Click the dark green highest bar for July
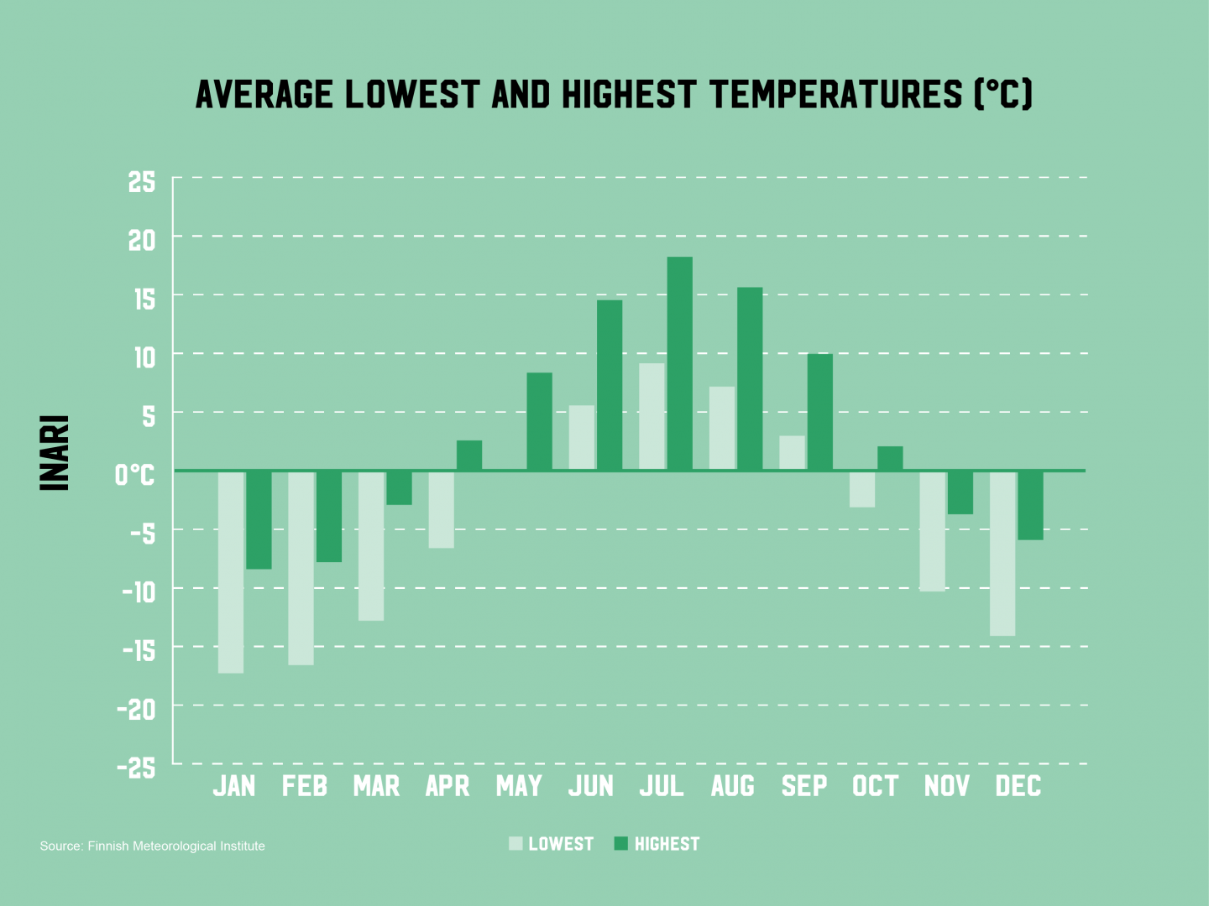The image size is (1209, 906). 680,363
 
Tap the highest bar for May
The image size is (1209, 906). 539,421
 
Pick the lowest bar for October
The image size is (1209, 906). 862,489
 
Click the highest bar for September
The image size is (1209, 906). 820,412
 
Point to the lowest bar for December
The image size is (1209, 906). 1002,554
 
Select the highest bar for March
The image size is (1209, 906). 399,487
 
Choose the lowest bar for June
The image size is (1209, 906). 582,437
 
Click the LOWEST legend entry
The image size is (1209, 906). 552,844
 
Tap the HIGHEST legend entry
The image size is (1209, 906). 657,844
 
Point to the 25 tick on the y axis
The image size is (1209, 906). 142,181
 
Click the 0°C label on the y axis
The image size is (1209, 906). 134,475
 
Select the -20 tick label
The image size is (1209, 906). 136,710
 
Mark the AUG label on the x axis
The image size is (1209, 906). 733,786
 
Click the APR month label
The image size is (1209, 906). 447,786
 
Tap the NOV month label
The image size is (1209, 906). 947,786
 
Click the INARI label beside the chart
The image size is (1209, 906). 55,453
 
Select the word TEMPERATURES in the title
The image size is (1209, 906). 836,94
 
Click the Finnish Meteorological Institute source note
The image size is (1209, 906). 152,846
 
